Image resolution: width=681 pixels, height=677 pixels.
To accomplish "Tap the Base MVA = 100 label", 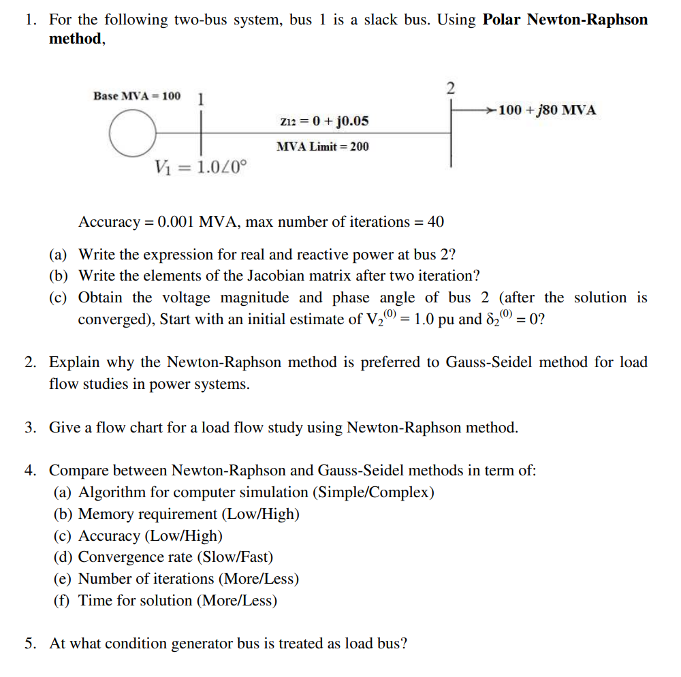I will pyautogui.click(x=137, y=96).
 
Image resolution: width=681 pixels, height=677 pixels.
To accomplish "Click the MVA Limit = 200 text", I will pyautogui.click(x=323, y=146).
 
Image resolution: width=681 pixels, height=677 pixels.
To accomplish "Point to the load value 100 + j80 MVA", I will pyautogui.click(x=547, y=110).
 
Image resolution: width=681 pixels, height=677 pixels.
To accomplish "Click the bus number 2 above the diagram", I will pyautogui.click(x=450, y=88).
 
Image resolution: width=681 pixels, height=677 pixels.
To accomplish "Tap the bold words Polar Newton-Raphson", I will pyautogui.click(x=565, y=19).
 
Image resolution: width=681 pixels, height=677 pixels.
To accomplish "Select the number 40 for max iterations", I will pyautogui.click(x=435, y=222).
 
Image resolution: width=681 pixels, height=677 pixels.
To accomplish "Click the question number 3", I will pyautogui.click(x=30, y=428).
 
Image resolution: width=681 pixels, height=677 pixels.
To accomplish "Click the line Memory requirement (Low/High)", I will pyautogui.click(x=189, y=514).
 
